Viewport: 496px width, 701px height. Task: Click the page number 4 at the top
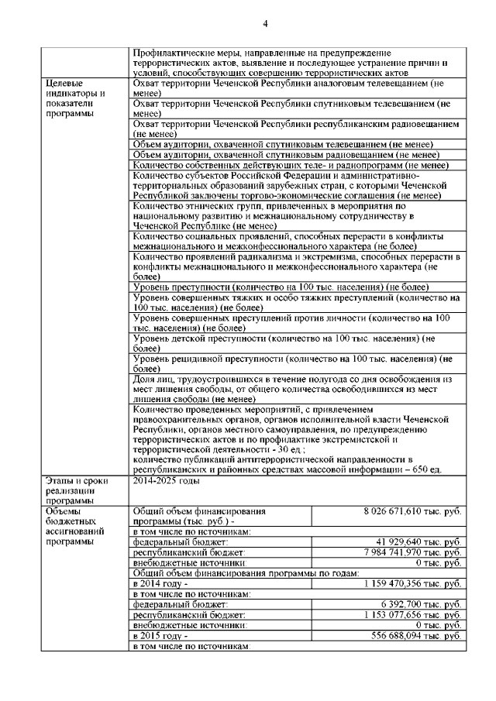(264, 24)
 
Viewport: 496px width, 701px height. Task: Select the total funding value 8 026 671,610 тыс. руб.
(412, 512)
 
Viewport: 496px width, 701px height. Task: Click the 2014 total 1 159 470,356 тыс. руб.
(412, 582)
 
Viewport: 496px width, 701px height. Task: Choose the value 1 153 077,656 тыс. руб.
(413, 613)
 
